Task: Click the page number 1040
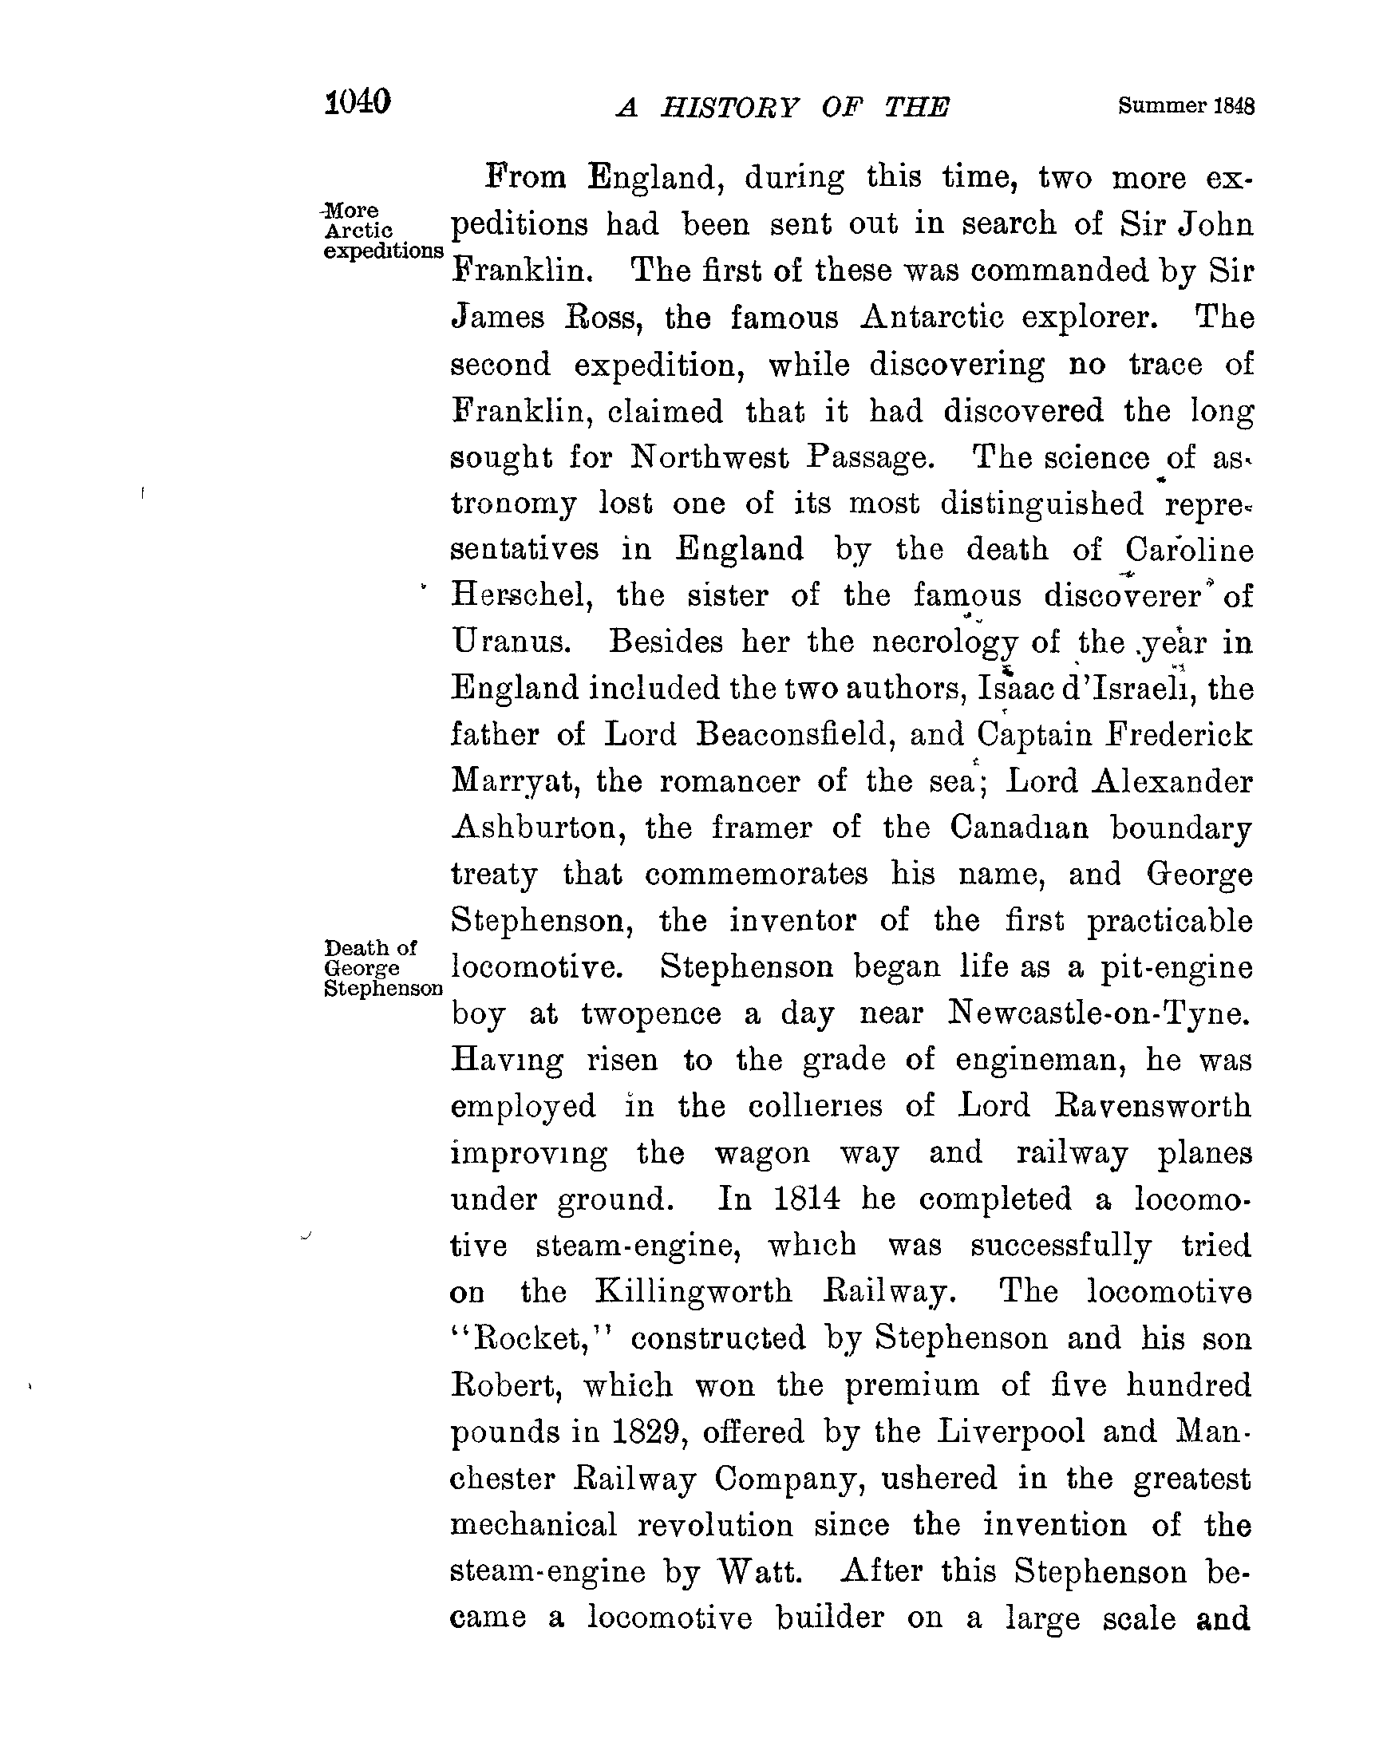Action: pyautogui.click(x=358, y=103)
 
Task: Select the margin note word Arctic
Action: pyautogui.click(x=359, y=231)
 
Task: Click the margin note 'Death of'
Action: pyautogui.click(x=370, y=947)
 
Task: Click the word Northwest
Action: pyautogui.click(x=709, y=458)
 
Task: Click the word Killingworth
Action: pyautogui.click(x=693, y=1292)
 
